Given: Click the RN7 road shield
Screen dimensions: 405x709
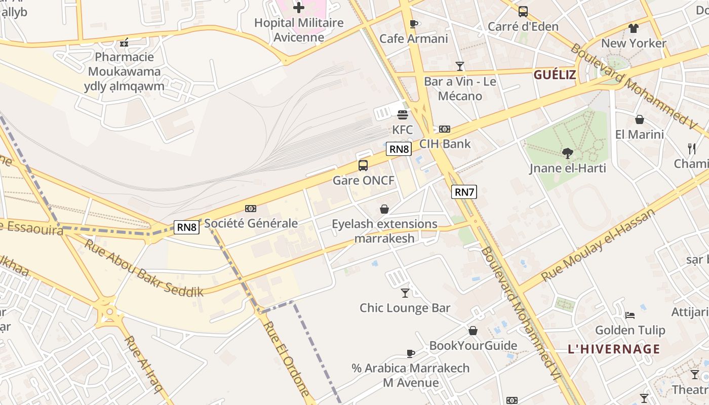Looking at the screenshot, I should coord(464,192).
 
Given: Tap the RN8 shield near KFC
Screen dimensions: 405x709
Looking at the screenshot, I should coord(399,149).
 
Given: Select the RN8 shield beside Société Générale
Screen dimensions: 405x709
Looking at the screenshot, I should coord(186,227).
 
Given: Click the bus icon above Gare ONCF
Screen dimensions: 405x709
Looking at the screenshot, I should coord(363,165).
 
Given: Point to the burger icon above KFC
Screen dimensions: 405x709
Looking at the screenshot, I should coord(403,115).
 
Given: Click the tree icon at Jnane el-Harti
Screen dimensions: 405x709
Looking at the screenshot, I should coord(568,153).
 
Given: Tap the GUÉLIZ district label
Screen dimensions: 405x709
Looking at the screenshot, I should coord(555,75).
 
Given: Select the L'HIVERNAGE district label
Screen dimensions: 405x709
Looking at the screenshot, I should coord(614,349).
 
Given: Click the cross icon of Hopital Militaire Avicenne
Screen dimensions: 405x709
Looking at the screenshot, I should coord(299,7).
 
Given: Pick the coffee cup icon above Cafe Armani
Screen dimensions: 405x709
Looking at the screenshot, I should coord(413,24).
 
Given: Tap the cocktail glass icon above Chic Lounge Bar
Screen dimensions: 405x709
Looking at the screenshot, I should coord(405,293).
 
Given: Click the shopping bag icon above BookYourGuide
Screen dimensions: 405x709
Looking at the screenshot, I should coord(472,331).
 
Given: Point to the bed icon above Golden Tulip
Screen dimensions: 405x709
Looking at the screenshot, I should coord(630,315).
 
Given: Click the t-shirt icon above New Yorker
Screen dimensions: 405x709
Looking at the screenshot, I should coord(634,28).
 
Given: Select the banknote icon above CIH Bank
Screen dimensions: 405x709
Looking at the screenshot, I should coord(445,129).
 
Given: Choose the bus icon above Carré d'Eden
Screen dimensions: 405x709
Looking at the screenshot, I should coord(523,11).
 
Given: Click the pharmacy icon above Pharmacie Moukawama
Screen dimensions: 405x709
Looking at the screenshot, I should coord(124,43).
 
